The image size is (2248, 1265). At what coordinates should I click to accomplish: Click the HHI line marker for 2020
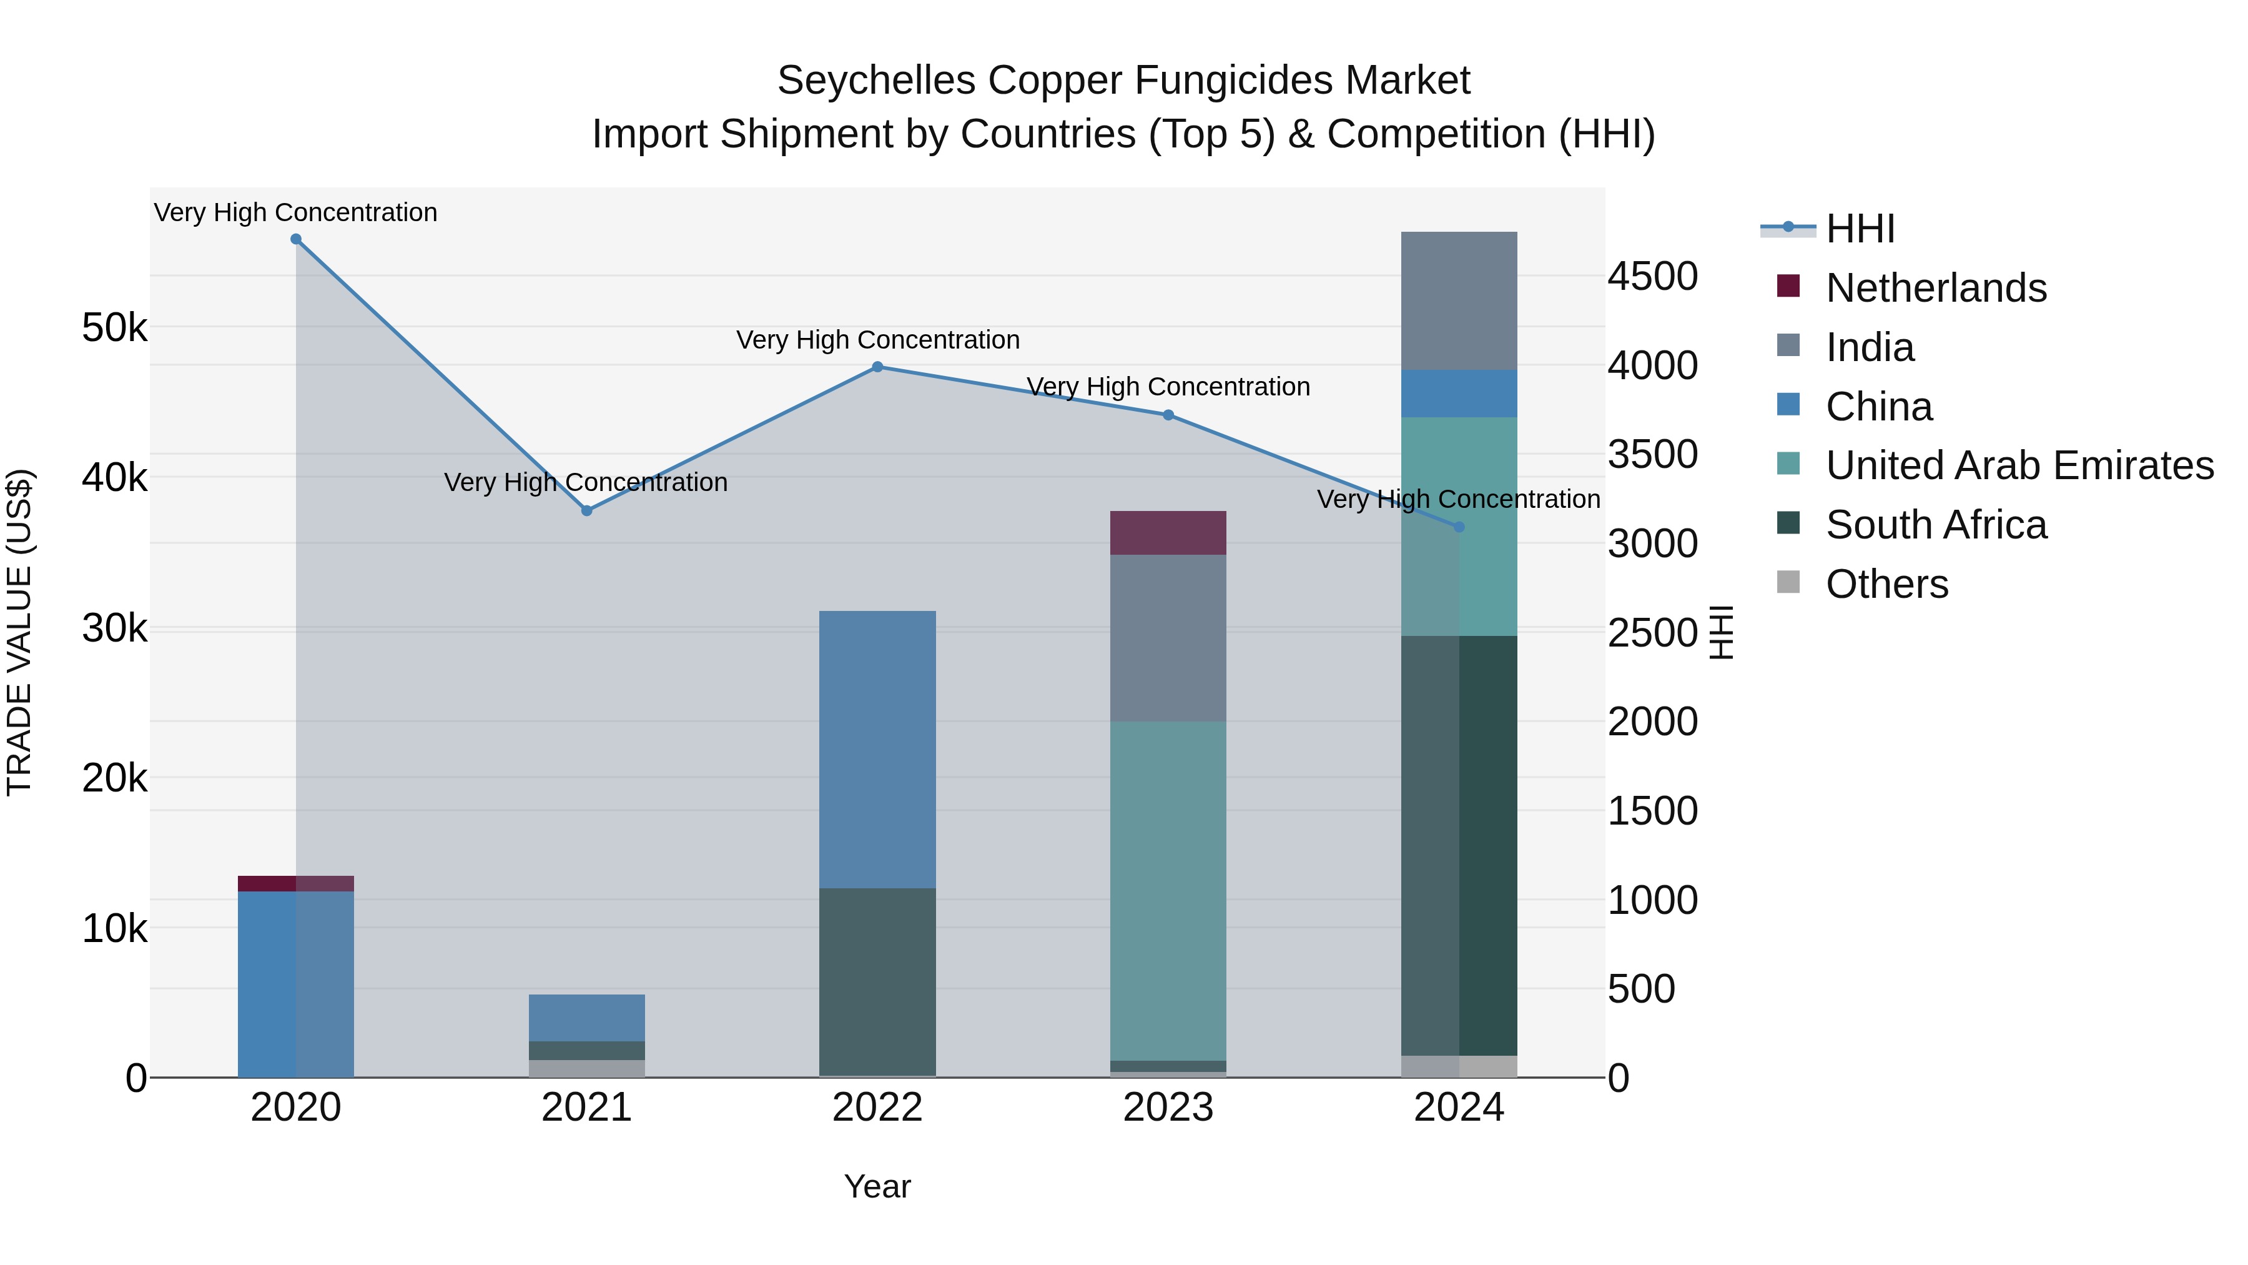pyautogui.click(x=296, y=239)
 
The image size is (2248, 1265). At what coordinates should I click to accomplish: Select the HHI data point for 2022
pyautogui.click(x=877, y=367)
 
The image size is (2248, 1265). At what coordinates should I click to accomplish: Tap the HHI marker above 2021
pyautogui.click(x=586, y=511)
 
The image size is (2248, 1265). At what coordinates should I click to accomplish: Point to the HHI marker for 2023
pyautogui.click(x=1168, y=415)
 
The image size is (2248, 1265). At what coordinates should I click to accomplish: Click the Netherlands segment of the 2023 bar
pyautogui.click(x=1168, y=532)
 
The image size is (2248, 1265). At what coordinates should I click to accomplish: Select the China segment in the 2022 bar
pyautogui.click(x=877, y=749)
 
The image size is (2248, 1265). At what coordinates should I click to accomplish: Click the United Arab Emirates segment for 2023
pyautogui.click(x=1168, y=890)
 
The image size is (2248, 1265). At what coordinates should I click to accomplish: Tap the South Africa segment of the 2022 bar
pyautogui.click(x=877, y=981)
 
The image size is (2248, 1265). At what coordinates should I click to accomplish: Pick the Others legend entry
pyautogui.click(x=1886, y=584)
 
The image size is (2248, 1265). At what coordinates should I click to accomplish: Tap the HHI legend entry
pyautogui.click(x=1859, y=229)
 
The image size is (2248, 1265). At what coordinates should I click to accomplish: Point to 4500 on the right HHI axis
pyautogui.click(x=1652, y=277)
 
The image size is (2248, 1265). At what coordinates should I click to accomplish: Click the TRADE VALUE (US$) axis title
pyautogui.click(x=20, y=632)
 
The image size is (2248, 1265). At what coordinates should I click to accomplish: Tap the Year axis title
pyautogui.click(x=877, y=1186)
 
